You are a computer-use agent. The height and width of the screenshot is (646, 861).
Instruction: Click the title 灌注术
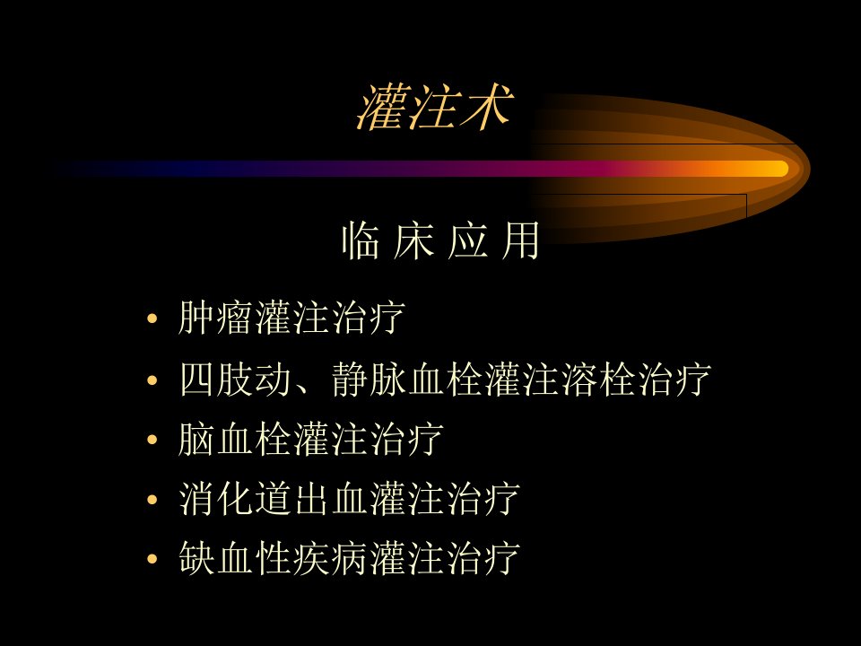click(x=435, y=107)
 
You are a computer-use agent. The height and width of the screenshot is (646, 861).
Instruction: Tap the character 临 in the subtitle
click(x=361, y=240)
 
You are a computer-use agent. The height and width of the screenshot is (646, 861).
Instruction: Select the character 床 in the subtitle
click(x=413, y=240)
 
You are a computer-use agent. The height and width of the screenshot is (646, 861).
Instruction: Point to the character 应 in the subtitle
click(x=467, y=240)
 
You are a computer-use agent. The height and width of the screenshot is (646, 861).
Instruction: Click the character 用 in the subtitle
click(x=520, y=240)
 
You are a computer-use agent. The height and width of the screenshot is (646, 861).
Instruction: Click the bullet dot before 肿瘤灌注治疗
click(x=152, y=319)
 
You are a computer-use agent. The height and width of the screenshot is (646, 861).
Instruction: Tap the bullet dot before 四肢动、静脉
click(x=152, y=380)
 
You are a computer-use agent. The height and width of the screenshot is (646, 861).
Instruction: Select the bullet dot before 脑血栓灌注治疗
click(x=152, y=440)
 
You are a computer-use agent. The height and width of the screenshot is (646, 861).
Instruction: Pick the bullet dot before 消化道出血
click(x=152, y=500)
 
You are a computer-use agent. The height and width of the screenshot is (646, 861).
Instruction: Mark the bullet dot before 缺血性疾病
click(x=152, y=559)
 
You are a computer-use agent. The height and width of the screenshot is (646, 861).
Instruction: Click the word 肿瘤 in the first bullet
click(x=215, y=318)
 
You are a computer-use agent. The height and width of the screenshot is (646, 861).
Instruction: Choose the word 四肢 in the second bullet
click(x=215, y=379)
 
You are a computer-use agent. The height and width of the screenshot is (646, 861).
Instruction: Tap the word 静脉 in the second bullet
click(x=369, y=379)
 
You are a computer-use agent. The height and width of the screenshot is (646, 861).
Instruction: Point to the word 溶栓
click(x=598, y=379)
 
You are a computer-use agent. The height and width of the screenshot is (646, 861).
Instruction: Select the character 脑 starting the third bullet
click(x=196, y=439)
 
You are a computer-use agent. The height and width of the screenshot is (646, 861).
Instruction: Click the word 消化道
click(x=234, y=499)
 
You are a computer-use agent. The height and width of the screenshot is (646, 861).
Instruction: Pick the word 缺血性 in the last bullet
click(x=234, y=559)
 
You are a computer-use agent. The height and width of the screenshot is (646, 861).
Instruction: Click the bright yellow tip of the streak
click(x=778, y=169)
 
